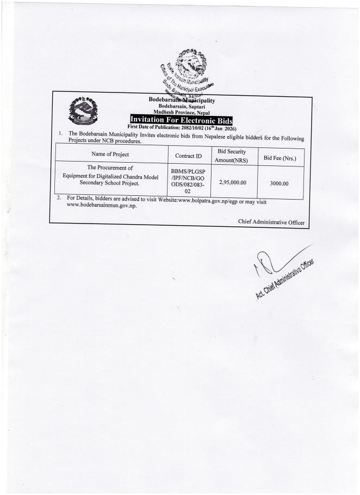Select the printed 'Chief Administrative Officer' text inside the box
272,221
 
